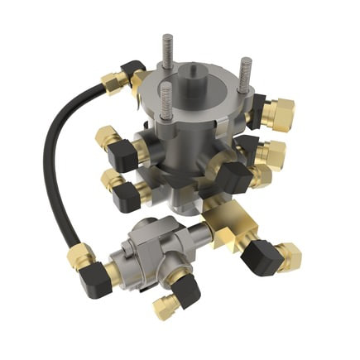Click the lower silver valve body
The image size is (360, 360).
point(145,252)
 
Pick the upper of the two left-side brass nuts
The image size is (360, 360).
point(107,137)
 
